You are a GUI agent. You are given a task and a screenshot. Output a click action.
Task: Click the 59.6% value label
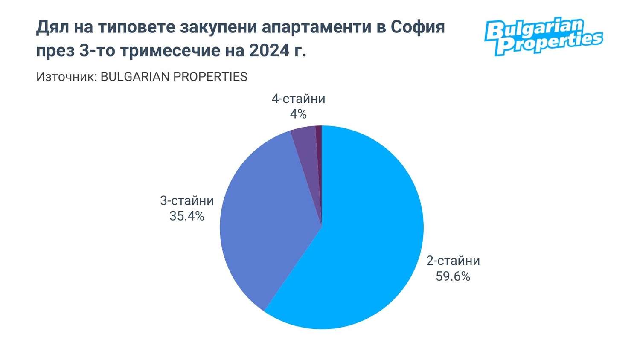pos(453,276)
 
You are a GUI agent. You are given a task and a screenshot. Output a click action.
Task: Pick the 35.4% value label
pos(187,216)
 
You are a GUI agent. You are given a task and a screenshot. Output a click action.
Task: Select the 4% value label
pos(298,114)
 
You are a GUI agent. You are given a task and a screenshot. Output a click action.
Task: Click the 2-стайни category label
pos(453,261)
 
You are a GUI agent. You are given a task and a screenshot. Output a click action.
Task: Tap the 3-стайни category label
pos(187,200)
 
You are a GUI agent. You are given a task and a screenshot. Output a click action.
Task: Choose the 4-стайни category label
pos(298,99)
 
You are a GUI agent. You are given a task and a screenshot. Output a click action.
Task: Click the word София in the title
pos(418,27)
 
